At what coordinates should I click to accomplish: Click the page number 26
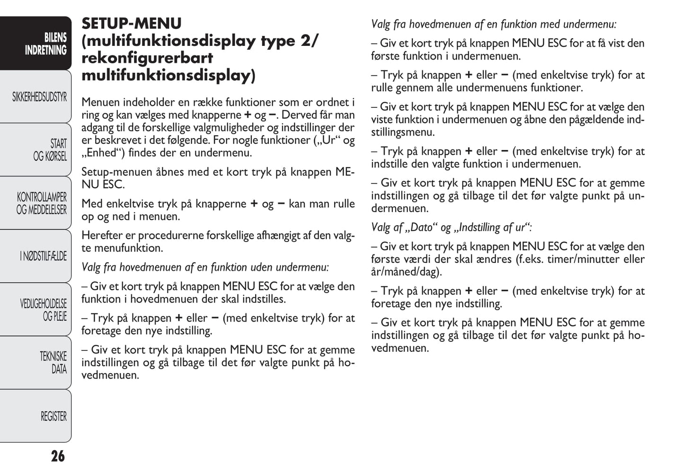[x=58, y=456]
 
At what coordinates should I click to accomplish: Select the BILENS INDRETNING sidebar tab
[x=45, y=44]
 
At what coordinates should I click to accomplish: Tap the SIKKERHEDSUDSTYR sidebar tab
[x=40, y=97]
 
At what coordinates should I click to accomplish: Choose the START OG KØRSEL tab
[x=50, y=150]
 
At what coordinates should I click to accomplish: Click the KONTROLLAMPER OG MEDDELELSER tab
[x=42, y=203]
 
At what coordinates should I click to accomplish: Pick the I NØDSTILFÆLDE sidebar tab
[x=44, y=256]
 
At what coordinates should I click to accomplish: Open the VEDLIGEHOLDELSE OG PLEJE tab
[x=44, y=310]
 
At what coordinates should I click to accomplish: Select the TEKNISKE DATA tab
[x=53, y=363]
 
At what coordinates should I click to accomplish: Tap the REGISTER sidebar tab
[x=53, y=416]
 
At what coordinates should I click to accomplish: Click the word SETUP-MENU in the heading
[x=132, y=24]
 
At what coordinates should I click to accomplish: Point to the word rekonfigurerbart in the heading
[x=147, y=58]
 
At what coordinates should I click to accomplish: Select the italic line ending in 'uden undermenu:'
[x=205, y=267]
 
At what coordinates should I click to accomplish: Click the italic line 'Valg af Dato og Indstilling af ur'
[x=451, y=227]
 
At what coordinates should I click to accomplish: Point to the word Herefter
[x=102, y=236]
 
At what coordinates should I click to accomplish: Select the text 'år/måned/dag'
[x=405, y=272]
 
